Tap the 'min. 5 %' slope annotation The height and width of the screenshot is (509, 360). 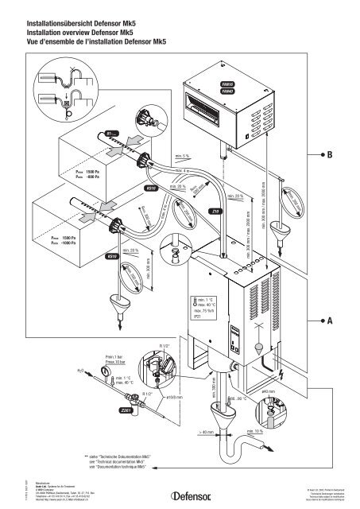click(182, 156)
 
